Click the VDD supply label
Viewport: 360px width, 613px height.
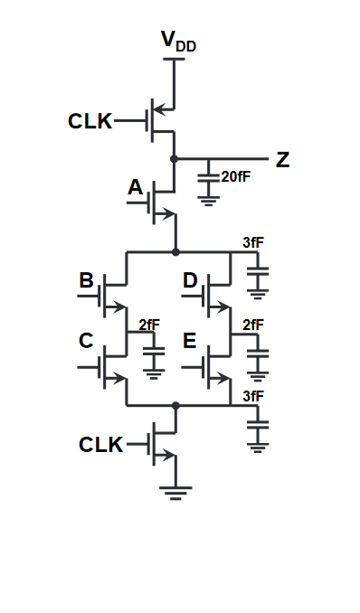point(177,42)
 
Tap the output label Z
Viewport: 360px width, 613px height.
point(283,160)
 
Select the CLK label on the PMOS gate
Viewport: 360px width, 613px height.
point(90,121)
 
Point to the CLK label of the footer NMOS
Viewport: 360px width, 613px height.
point(101,445)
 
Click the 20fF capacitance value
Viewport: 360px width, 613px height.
point(235,176)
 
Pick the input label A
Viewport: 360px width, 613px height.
point(136,187)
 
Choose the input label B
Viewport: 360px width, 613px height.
point(87,280)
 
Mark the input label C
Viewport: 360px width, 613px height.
point(87,341)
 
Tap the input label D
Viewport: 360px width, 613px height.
point(190,280)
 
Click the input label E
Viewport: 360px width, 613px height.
point(190,341)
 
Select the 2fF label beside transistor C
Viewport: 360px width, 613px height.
point(150,325)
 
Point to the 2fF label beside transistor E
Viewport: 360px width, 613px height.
point(253,325)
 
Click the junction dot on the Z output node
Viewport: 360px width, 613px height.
point(175,158)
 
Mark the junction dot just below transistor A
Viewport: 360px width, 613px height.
point(175,251)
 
